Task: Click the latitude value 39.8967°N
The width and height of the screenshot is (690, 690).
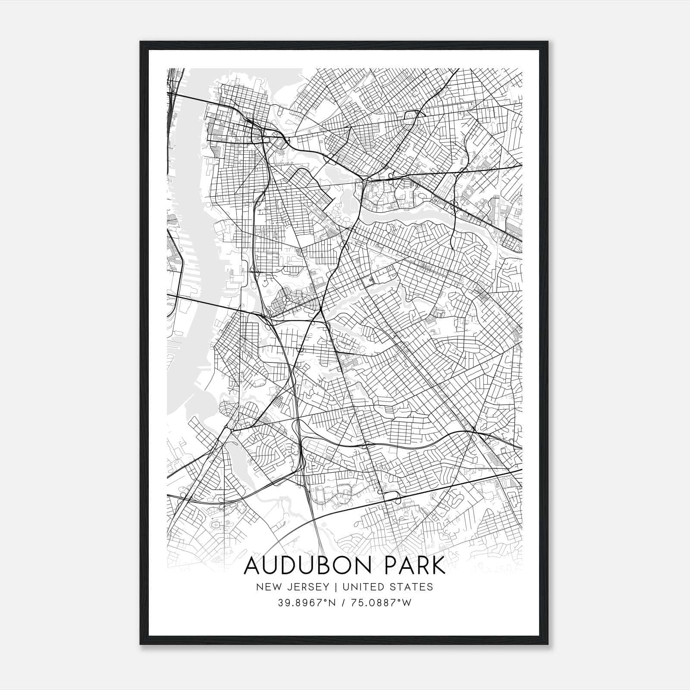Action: coord(307,603)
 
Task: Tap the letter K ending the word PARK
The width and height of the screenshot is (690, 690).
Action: coord(438,566)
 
